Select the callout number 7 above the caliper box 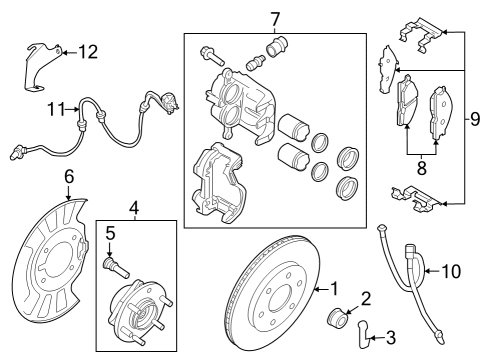[276, 17]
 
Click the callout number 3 [391, 337]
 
